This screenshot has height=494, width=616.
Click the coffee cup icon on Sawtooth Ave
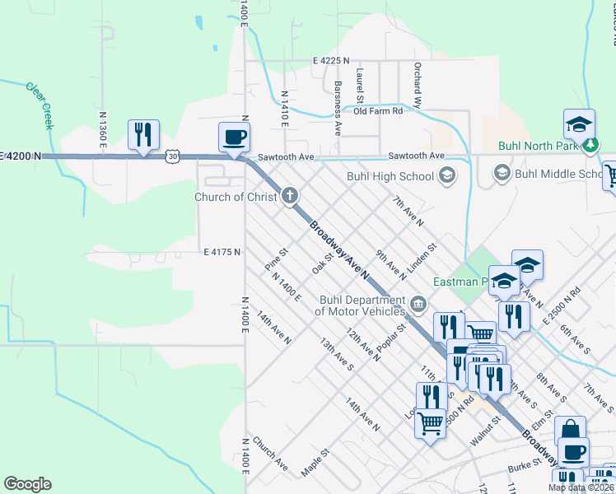click(x=234, y=137)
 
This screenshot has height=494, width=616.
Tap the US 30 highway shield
click(x=171, y=155)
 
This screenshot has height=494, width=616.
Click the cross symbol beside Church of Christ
click(x=289, y=196)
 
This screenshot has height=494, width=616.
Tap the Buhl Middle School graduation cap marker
click(x=501, y=173)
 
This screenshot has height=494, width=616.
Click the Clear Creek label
click(x=39, y=105)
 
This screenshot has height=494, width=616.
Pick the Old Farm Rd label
click(x=377, y=110)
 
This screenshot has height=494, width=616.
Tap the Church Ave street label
click(x=270, y=454)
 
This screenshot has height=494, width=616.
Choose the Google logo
click(x=27, y=484)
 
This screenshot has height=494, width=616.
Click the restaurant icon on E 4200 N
click(x=143, y=135)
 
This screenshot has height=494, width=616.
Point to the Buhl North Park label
click(x=539, y=147)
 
